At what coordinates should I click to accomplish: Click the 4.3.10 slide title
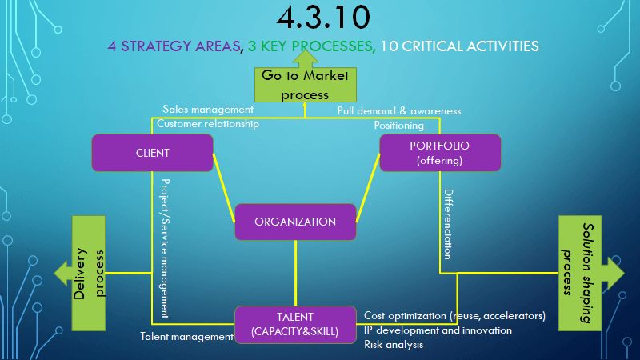[323, 17]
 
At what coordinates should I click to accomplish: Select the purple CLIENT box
[152, 153]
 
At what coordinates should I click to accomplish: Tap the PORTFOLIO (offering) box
[440, 153]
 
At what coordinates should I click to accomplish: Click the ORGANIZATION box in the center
[295, 222]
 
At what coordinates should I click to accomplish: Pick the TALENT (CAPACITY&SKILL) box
[295, 325]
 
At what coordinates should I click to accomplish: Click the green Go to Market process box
[306, 85]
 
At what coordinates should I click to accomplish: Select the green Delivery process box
[89, 273]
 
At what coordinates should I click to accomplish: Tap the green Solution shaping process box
[579, 273]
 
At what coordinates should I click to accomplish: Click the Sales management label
[208, 110]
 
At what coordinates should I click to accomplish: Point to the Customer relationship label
[208, 124]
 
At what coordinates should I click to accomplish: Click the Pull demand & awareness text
[398, 111]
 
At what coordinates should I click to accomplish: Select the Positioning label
[398, 126]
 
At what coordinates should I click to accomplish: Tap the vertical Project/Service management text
[165, 248]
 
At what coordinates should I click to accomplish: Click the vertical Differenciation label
[448, 224]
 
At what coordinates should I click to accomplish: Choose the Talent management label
[186, 336]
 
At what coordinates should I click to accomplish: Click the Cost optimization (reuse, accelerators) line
[454, 316]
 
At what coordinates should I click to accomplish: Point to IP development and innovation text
[438, 330]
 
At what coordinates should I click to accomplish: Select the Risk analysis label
[394, 345]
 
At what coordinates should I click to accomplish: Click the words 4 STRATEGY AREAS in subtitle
[174, 46]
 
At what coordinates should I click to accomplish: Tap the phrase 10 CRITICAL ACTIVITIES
[459, 46]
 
